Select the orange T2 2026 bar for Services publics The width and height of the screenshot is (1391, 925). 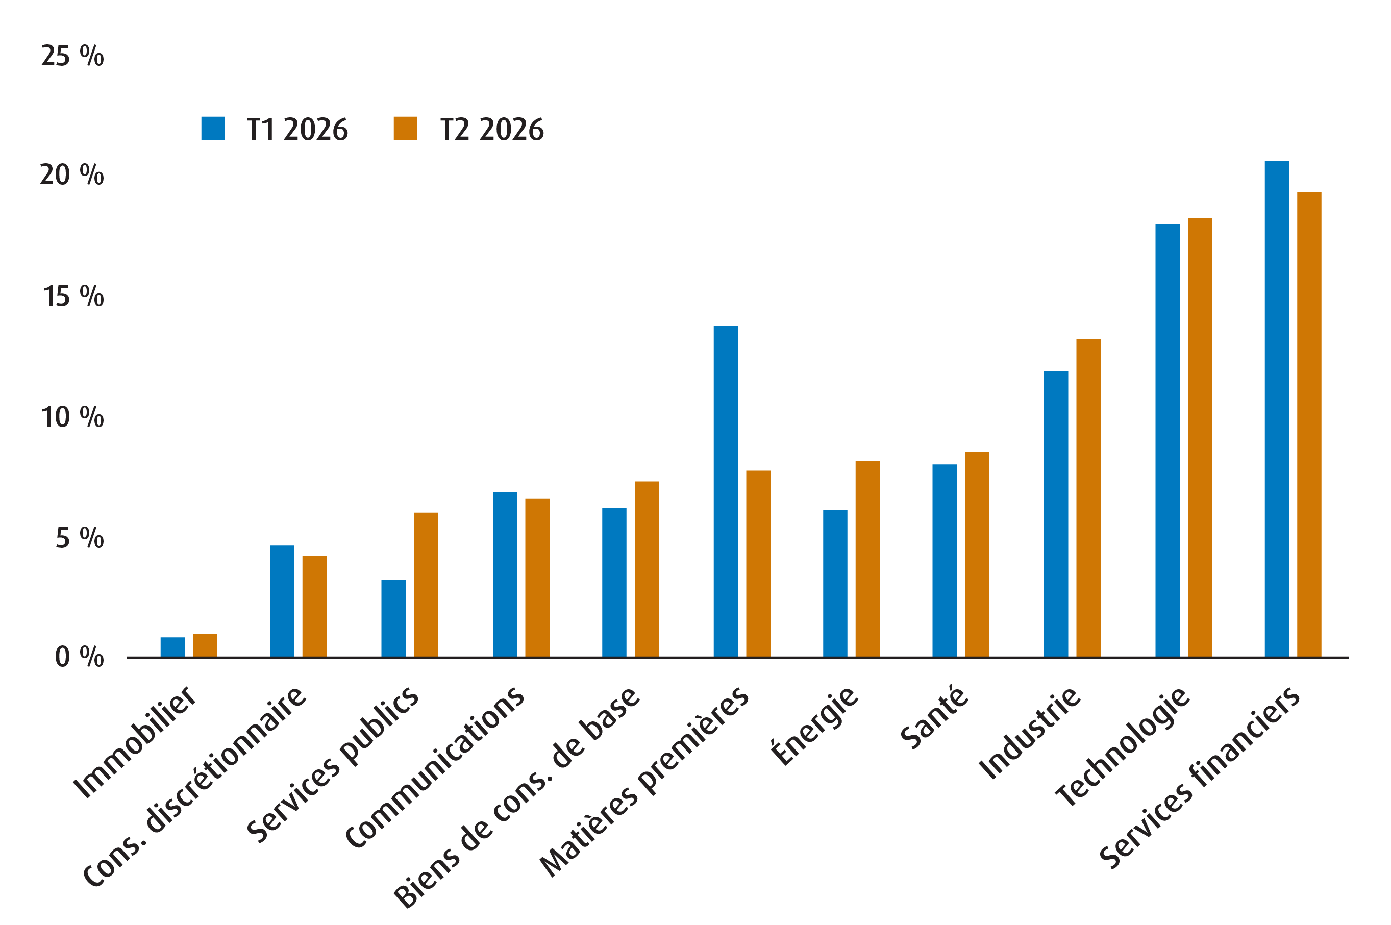click(x=426, y=584)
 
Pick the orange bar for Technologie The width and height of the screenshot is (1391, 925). click(x=1199, y=437)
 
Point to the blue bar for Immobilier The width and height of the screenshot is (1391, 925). click(x=172, y=646)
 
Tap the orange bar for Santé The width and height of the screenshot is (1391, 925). click(x=976, y=554)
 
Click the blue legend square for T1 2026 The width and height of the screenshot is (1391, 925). click(x=212, y=128)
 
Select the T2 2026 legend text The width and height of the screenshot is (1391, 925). click(x=491, y=129)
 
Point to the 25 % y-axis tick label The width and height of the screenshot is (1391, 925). click(x=72, y=56)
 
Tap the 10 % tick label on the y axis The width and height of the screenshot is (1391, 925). click(x=72, y=417)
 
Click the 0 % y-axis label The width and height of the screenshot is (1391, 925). click(x=79, y=657)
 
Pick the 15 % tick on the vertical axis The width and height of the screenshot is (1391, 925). click(x=73, y=296)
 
